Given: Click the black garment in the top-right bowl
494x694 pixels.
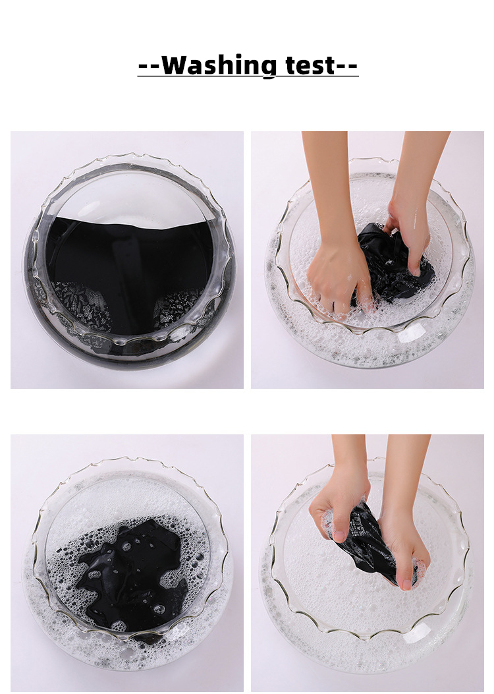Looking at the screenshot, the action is click(394, 266).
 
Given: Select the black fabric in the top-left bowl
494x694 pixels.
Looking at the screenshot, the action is click(128, 257).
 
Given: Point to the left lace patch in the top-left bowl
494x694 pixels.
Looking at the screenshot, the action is click(82, 305).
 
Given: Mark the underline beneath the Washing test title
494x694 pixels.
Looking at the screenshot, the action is click(248, 76).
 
